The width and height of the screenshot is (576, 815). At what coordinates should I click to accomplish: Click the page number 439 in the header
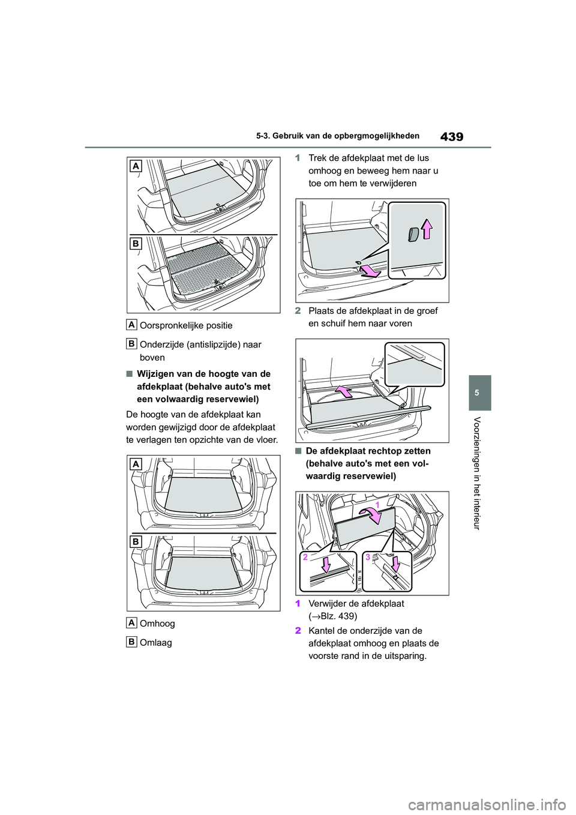pyautogui.click(x=452, y=137)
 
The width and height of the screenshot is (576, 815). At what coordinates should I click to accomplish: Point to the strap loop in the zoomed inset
pyautogui.click(x=413, y=235)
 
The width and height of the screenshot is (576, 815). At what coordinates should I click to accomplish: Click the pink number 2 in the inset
pyautogui.click(x=305, y=556)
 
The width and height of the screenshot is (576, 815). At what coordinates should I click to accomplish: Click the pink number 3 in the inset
pyautogui.click(x=368, y=556)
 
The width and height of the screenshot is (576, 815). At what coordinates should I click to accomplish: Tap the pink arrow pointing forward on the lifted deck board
pyautogui.click(x=343, y=392)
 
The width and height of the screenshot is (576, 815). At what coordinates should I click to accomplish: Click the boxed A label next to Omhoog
pyautogui.click(x=132, y=622)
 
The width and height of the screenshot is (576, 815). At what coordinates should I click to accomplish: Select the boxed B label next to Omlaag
pyautogui.click(x=132, y=642)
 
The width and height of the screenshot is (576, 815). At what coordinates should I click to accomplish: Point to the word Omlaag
pyautogui.click(x=155, y=643)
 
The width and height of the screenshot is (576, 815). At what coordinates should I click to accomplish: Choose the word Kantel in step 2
pyautogui.click(x=321, y=631)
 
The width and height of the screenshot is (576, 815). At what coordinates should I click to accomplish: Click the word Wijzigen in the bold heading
pyautogui.click(x=155, y=374)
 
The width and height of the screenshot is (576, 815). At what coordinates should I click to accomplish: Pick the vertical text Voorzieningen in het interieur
pyautogui.click(x=478, y=473)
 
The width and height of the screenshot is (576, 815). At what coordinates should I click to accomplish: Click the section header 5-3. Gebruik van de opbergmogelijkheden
pyautogui.click(x=337, y=136)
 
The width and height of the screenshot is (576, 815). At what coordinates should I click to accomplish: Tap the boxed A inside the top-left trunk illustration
pyautogui.click(x=136, y=166)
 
